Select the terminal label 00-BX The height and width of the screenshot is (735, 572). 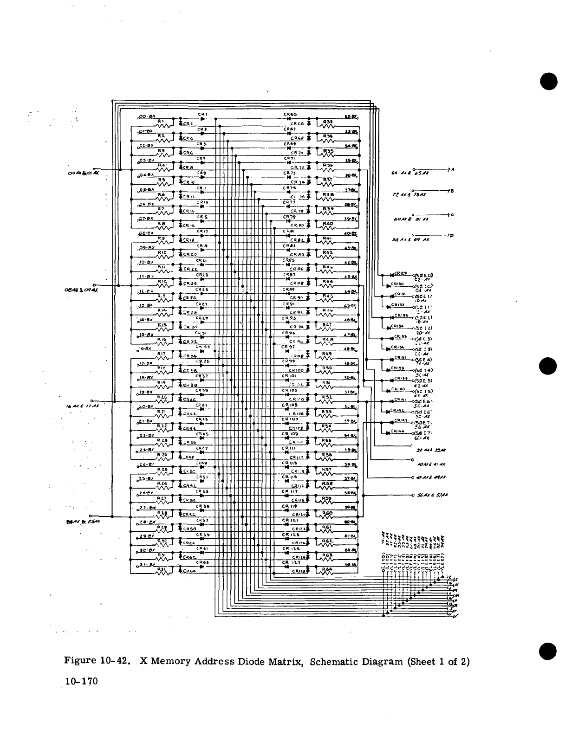(149, 116)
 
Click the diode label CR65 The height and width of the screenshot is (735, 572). (290, 114)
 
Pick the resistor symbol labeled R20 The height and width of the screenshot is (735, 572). (162, 400)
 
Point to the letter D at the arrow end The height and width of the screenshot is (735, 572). (451, 236)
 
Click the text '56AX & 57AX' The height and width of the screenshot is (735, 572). (433, 495)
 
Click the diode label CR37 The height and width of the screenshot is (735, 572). (201, 376)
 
